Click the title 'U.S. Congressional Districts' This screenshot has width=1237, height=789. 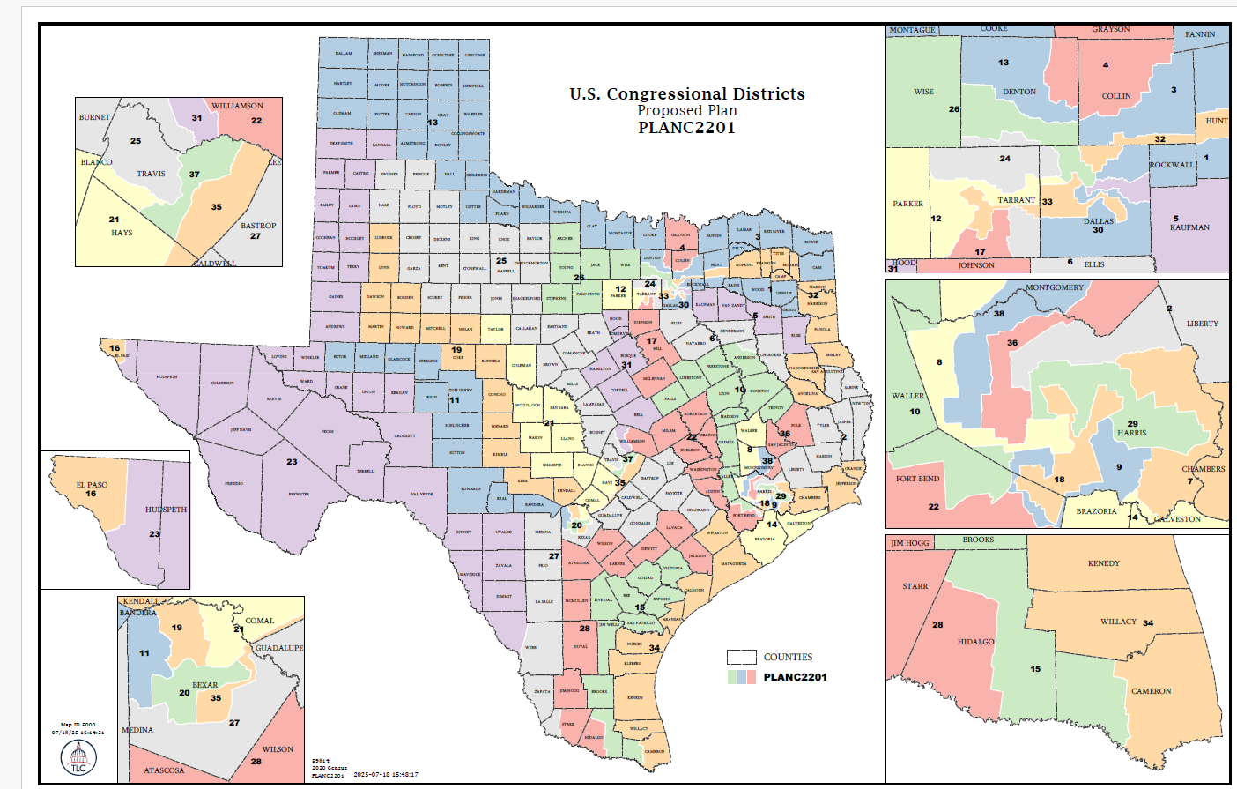(686, 93)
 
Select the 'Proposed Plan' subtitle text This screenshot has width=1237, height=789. (686, 110)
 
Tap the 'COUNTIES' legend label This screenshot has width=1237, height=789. (788, 657)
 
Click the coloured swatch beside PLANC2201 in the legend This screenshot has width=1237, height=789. (741, 677)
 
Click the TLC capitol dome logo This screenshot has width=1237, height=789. (78, 757)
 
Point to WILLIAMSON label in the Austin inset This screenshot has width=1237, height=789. (237, 106)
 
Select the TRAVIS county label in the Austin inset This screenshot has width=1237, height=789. (151, 174)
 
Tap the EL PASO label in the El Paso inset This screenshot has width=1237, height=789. (92, 485)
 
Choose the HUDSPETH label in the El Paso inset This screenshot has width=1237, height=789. (166, 510)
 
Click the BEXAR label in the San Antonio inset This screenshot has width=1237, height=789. (204, 685)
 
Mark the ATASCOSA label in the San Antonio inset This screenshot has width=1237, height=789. (164, 770)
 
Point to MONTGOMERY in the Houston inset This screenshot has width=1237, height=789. (1054, 287)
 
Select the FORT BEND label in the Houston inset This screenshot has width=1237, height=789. (917, 479)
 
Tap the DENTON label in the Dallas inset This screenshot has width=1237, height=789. (1018, 92)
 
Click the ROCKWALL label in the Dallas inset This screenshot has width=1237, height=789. (1171, 165)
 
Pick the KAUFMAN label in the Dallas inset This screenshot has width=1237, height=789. (1189, 227)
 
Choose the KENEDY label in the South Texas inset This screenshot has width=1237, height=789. (1103, 563)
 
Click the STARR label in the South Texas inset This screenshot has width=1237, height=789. (915, 586)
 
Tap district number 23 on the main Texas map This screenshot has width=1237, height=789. (292, 461)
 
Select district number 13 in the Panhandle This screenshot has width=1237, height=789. (433, 123)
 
